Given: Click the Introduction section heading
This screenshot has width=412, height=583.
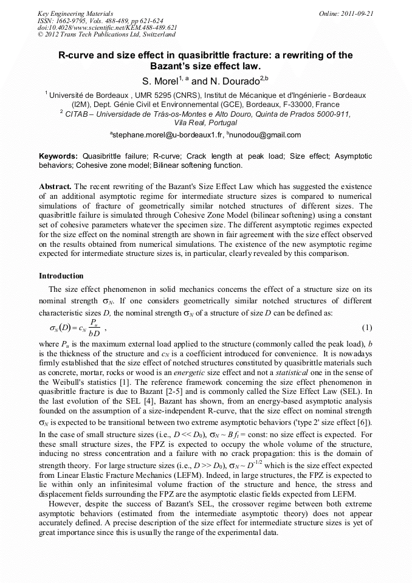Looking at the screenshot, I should pos(61,275).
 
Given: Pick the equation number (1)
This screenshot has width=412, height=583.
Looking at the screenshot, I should pos(366,328).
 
